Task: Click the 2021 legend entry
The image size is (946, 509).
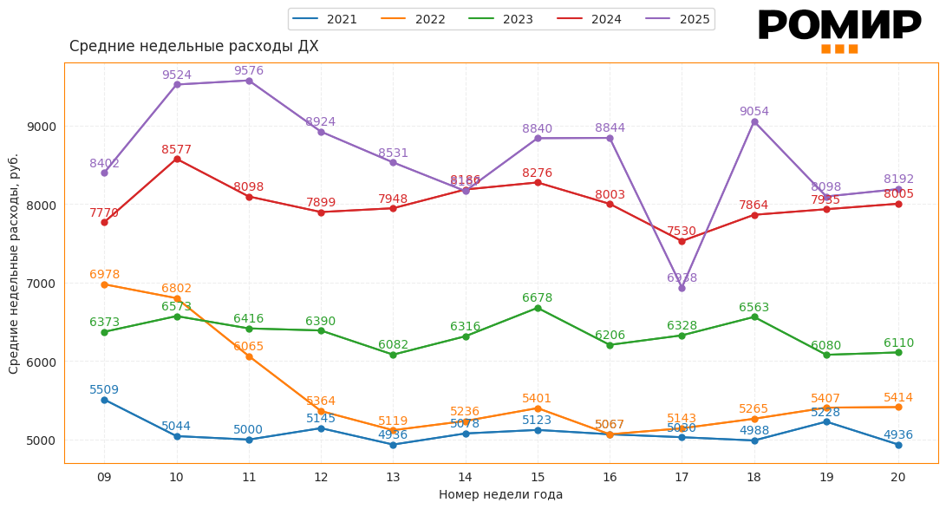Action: point(325,19)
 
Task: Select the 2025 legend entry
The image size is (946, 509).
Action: point(679,19)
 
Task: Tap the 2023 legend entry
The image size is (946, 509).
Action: point(502,19)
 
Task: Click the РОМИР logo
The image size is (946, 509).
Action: point(838,29)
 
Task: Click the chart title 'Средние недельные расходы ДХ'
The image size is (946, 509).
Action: point(193,47)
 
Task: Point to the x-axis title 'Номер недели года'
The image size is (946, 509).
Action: point(500,495)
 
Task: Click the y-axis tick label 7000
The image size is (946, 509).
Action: point(40,284)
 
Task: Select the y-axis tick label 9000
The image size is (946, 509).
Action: point(40,127)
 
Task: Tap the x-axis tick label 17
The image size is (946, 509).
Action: point(682,477)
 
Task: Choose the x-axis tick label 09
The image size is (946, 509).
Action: point(104,477)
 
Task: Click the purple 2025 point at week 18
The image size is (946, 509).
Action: point(754,122)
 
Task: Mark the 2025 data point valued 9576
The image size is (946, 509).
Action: point(249,81)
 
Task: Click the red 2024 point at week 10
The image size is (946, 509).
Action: point(177,159)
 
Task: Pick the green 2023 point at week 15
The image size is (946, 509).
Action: point(538,308)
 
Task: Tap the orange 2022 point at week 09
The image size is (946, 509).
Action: point(104,284)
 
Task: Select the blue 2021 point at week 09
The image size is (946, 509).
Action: point(104,400)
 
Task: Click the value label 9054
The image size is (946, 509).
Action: point(754,112)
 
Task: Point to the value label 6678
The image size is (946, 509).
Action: point(537,298)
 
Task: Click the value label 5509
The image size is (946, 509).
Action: point(104,390)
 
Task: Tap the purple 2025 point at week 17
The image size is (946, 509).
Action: point(682,288)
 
